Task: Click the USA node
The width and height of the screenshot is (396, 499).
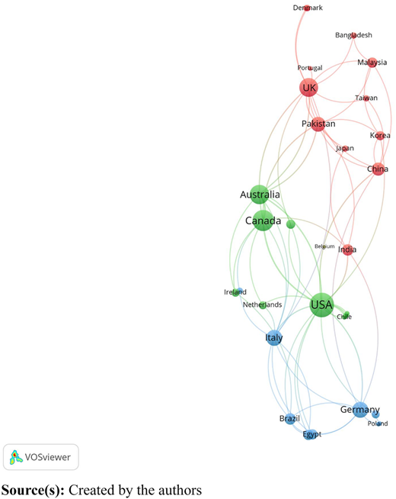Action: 322,305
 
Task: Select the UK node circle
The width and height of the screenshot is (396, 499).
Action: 308,88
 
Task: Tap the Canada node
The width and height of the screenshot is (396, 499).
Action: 263,221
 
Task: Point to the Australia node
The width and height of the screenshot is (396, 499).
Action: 260,195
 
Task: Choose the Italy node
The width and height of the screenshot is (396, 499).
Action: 273,338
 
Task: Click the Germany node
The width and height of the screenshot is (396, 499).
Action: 359,410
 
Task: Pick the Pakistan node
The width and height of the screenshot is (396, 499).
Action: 318,124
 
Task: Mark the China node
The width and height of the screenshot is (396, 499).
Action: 378,169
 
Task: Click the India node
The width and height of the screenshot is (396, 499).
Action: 347,250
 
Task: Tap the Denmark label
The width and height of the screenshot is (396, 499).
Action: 308,8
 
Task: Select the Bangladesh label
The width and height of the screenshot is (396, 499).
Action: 353,35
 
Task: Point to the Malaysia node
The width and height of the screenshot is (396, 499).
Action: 372,63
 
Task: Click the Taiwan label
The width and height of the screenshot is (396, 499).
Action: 366,98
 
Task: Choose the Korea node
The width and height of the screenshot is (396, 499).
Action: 380,136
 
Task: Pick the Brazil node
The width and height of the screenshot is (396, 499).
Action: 289,418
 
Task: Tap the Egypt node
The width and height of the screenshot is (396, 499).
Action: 309,434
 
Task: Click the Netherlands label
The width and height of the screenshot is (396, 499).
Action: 262,304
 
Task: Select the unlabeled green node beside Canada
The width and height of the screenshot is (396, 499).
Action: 291,224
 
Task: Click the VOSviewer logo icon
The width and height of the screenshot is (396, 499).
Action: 16,457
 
